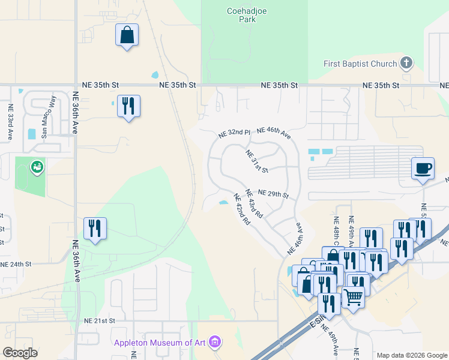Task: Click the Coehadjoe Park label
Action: pyautogui.click(x=241, y=14)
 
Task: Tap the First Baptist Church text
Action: pyautogui.click(x=360, y=64)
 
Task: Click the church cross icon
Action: pyautogui.click(x=406, y=63)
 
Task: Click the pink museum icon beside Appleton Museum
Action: pyautogui.click(x=215, y=343)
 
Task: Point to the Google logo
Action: pyautogui.click(x=20, y=353)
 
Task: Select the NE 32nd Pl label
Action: pyautogui.click(x=234, y=133)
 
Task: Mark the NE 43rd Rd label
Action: pyautogui.click(x=255, y=203)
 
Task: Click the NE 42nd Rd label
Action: pyautogui.click(x=241, y=208)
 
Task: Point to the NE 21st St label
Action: pyautogui.click(x=99, y=321)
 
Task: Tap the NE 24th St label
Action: pyautogui.click(x=16, y=264)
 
